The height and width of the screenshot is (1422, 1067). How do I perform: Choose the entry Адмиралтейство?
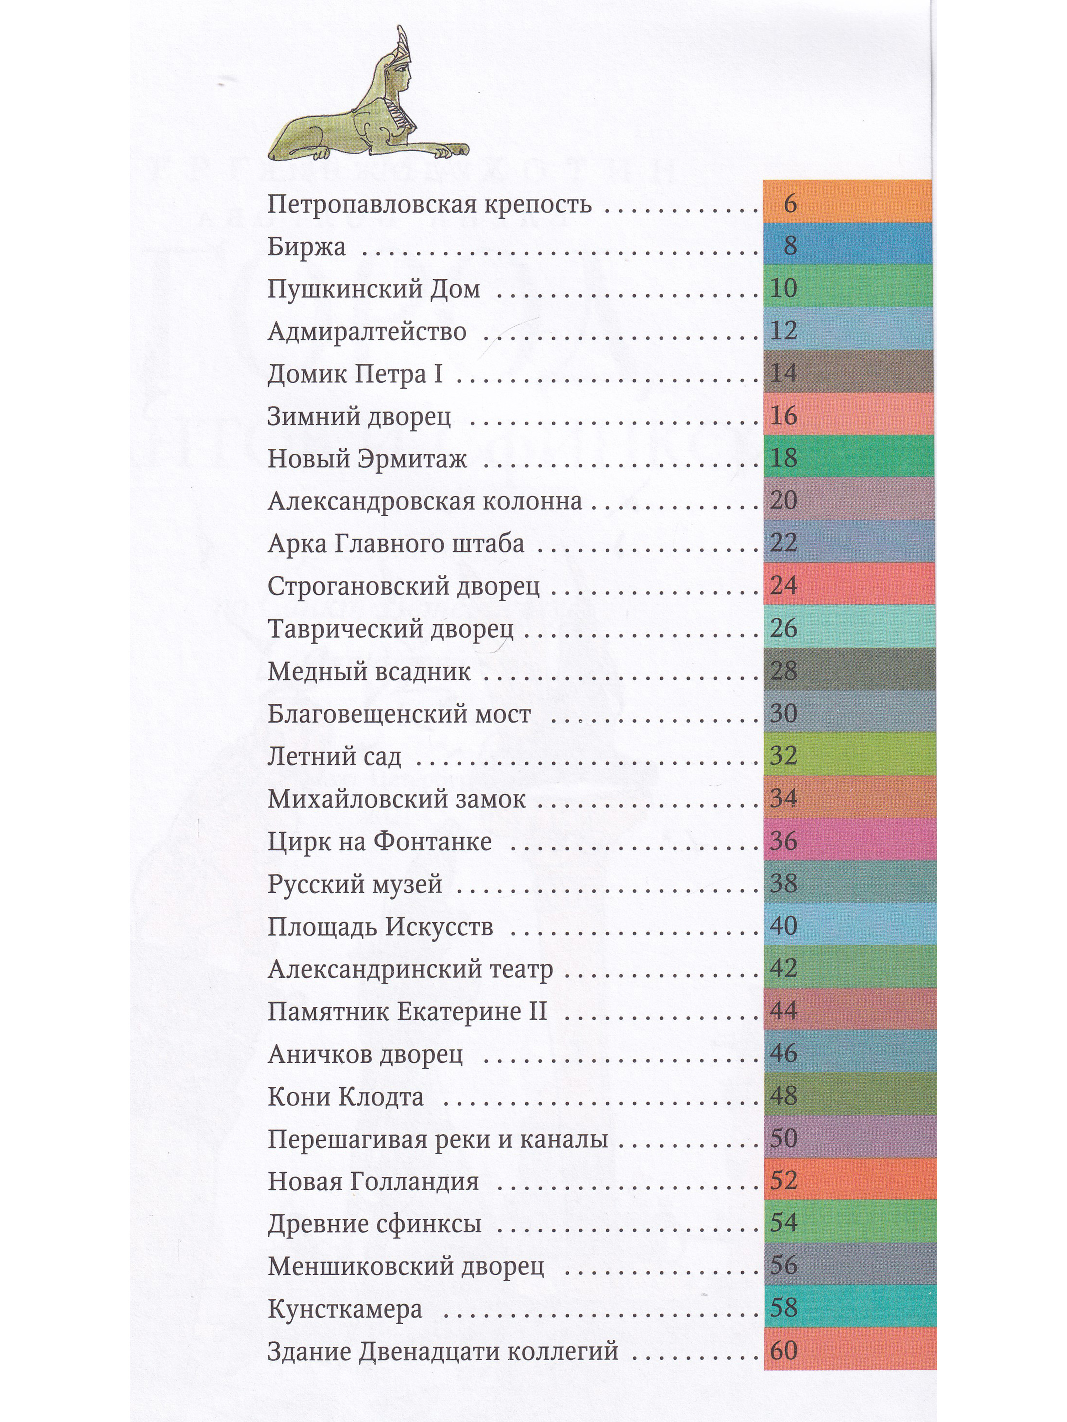tap(367, 332)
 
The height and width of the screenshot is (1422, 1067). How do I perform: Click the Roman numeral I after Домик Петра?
tap(439, 374)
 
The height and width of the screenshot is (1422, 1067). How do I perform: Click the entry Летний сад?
tap(334, 757)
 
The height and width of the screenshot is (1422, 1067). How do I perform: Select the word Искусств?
tap(439, 927)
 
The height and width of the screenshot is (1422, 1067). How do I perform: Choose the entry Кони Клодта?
tap(345, 1097)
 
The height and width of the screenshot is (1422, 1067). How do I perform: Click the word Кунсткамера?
tap(345, 1309)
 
